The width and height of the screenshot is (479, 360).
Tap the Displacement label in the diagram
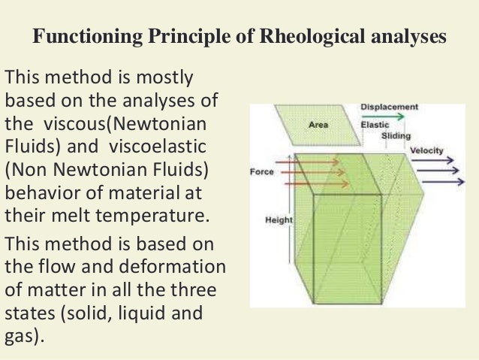pos(390,107)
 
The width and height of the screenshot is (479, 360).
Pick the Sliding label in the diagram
pos(396,136)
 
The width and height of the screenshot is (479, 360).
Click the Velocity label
pos(426,150)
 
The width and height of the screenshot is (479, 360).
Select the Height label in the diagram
pos(279,220)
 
